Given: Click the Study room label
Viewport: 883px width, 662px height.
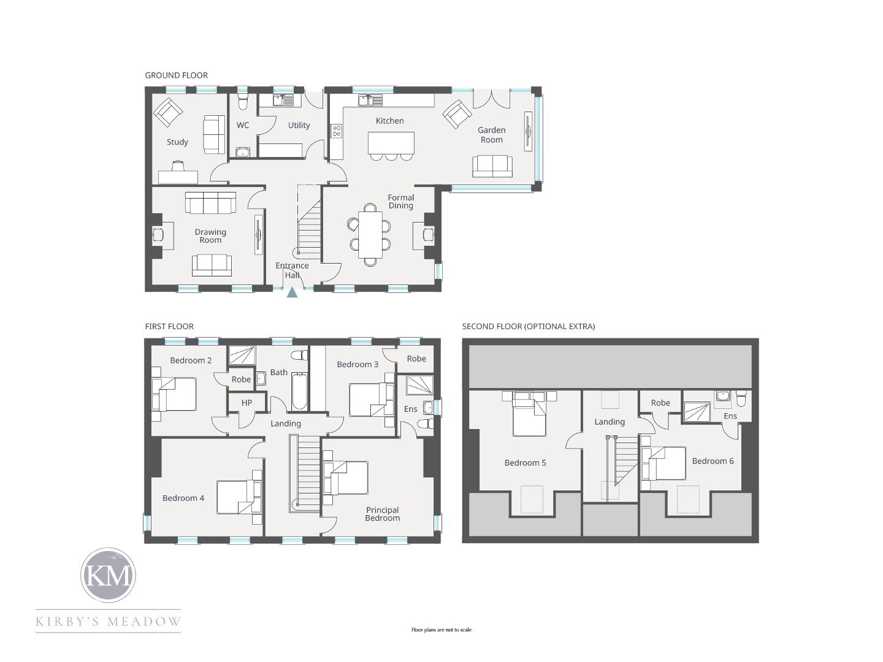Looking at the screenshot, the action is tap(177, 142).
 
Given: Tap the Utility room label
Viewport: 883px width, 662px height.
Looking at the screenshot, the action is tap(299, 126).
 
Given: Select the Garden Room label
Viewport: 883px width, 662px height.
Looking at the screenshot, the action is tap(491, 135).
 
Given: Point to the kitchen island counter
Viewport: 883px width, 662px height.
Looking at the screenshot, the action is tap(391, 143).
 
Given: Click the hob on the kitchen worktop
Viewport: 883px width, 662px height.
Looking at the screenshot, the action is tap(336, 131).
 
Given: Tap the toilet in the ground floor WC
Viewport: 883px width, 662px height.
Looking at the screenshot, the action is tap(243, 102).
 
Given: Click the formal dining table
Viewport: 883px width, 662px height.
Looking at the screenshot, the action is tap(370, 235).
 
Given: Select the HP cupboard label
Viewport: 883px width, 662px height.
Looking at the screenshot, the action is tap(247, 403).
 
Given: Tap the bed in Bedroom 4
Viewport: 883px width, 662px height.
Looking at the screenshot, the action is tap(240, 497).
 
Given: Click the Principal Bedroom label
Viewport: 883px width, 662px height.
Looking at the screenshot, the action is tap(382, 514).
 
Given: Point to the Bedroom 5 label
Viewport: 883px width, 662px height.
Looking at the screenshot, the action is tap(525, 463).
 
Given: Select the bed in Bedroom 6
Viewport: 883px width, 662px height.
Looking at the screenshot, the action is tap(663, 463).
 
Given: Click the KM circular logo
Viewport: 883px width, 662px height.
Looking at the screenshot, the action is tap(108, 575).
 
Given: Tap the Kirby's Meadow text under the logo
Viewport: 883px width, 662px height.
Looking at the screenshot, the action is tap(108, 622).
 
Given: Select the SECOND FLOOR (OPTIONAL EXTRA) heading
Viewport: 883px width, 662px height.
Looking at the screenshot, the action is tap(528, 326).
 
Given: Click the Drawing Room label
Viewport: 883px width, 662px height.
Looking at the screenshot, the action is tap(210, 236).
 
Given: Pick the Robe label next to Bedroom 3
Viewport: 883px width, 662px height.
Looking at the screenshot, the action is tap(416, 359).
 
